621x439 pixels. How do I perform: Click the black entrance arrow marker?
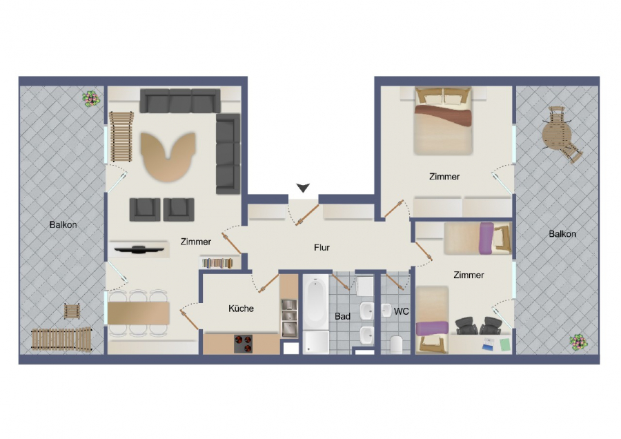pos(304,188)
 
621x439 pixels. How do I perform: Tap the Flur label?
pos(322,248)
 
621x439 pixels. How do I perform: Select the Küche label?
pos(241,309)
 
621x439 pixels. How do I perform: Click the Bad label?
pos(342,316)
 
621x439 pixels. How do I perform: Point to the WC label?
pos(401,311)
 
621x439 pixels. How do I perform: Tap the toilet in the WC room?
pos(396,344)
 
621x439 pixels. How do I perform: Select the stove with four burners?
pos(243,344)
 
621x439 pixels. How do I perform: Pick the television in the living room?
pos(139,249)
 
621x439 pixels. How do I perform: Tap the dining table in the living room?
pos(139,313)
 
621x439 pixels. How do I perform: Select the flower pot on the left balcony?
pos(91,99)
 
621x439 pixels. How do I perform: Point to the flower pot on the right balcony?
pos(579,342)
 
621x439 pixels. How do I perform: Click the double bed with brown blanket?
pos(443,120)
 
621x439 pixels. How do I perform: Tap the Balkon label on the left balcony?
pos(63,224)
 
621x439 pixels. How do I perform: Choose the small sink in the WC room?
pos(386,311)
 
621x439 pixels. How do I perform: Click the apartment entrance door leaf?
pos(307,215)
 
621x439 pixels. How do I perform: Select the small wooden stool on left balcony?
pos(72,311)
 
